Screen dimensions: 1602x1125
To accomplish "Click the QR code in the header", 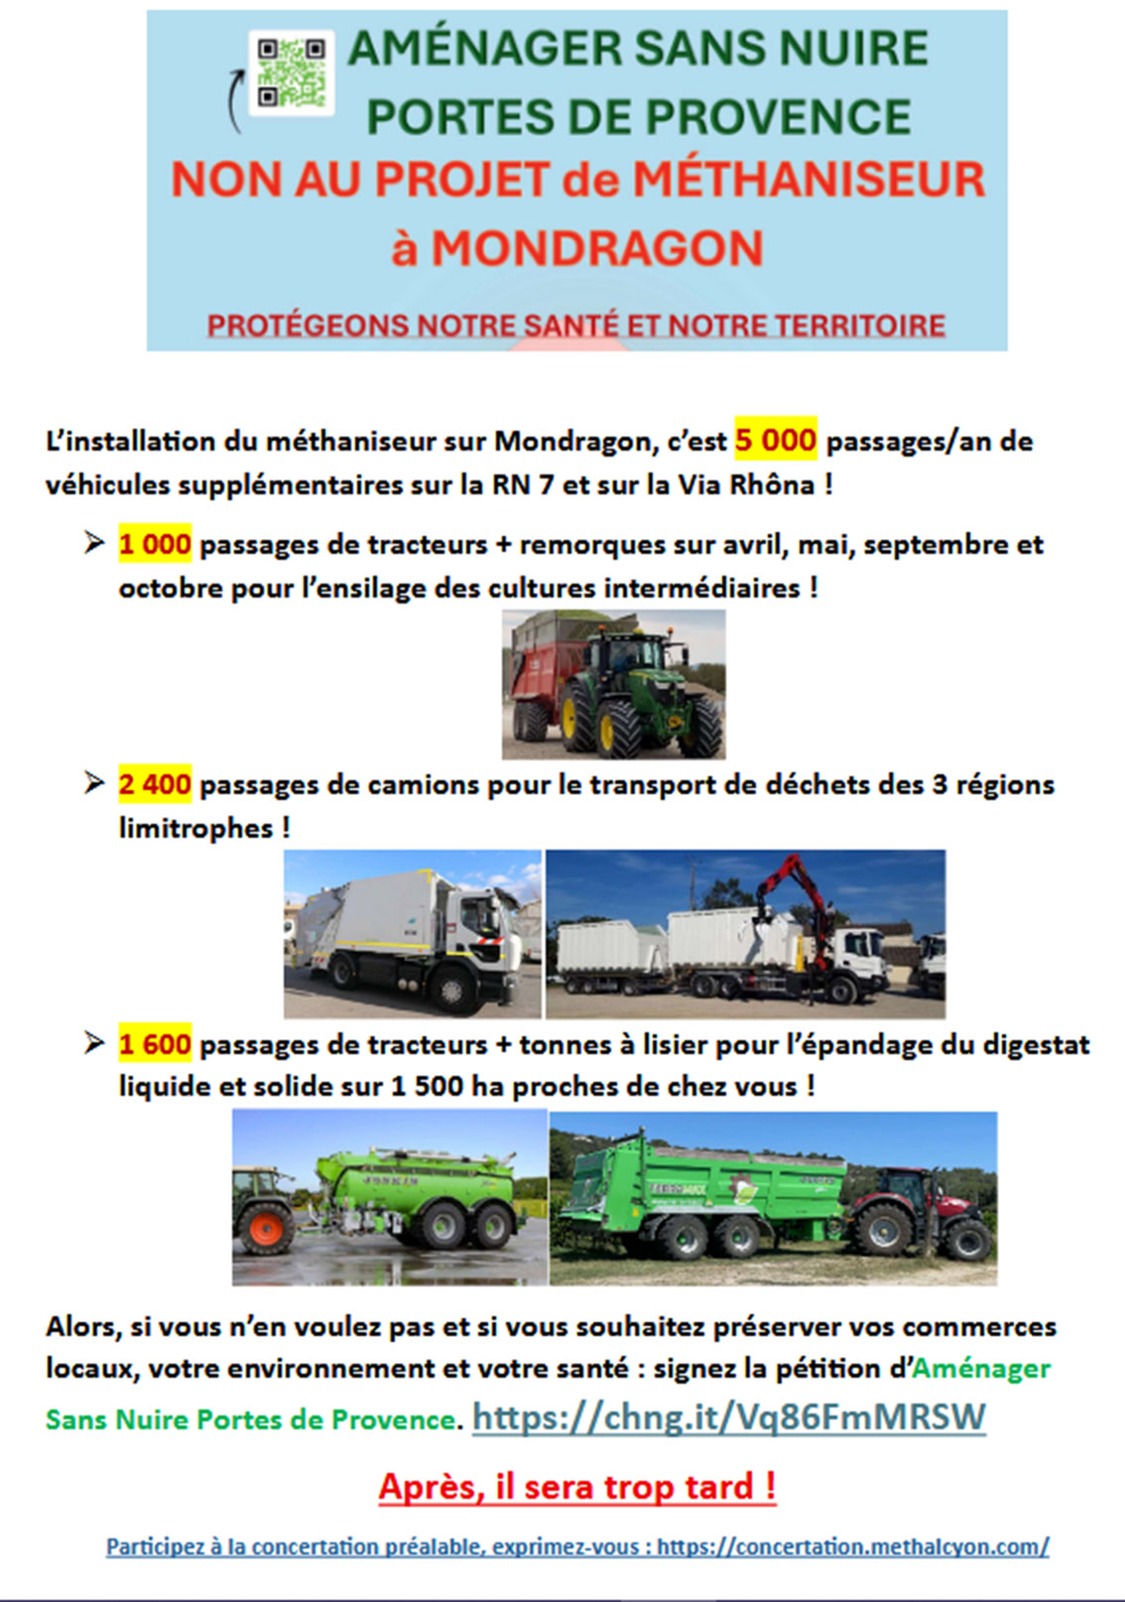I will [291, 73].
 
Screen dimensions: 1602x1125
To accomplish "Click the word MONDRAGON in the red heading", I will [596, 248].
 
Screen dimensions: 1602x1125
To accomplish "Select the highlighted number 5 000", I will [775, 440].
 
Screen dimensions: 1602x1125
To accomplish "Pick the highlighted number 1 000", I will [155, 544].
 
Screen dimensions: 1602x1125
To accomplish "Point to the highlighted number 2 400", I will [155, 784].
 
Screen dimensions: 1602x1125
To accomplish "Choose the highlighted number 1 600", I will [155, 1044].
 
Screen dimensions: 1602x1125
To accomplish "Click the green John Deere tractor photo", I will [614, 684].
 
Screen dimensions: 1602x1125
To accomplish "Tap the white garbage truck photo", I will [413, 934].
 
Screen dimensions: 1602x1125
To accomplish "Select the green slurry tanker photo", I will [389, 1197].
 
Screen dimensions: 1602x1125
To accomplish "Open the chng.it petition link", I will [728, 1416].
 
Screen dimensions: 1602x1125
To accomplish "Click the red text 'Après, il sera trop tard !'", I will [576, 1487].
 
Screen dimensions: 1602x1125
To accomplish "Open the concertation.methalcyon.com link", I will [852, 1546].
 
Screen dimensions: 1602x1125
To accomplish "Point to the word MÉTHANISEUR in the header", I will [809, 180].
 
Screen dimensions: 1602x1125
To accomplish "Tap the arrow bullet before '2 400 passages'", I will [94, 783].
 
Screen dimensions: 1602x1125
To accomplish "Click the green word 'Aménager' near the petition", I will [980, 1368].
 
